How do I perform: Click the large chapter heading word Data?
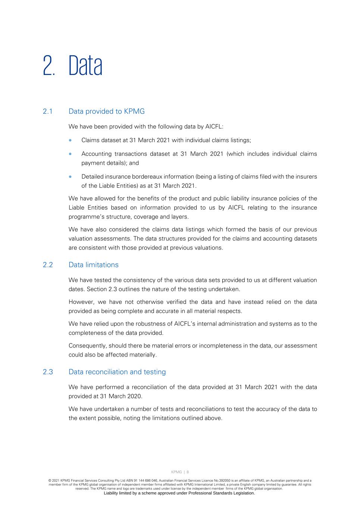click(x=85, y=66)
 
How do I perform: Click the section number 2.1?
click(x=48, y=111)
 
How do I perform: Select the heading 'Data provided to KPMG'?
click(x=107, y=111)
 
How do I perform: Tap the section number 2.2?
click(x=48, y=265)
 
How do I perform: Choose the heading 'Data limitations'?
click(x=94, y=265)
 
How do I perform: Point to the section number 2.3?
click(x=48, y=372)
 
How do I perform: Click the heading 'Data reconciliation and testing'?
click(x=117, y=372)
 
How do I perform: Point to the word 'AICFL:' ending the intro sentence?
click(x=214, y=127)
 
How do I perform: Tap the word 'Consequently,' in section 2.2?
click(x=87, y=346)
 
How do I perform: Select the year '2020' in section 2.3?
click(x=134, y=396)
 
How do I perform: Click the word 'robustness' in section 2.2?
click(x=144, y=324)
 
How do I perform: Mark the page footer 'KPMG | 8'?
click(x=180, y=472)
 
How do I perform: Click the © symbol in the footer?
click(x=50, y=481)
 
